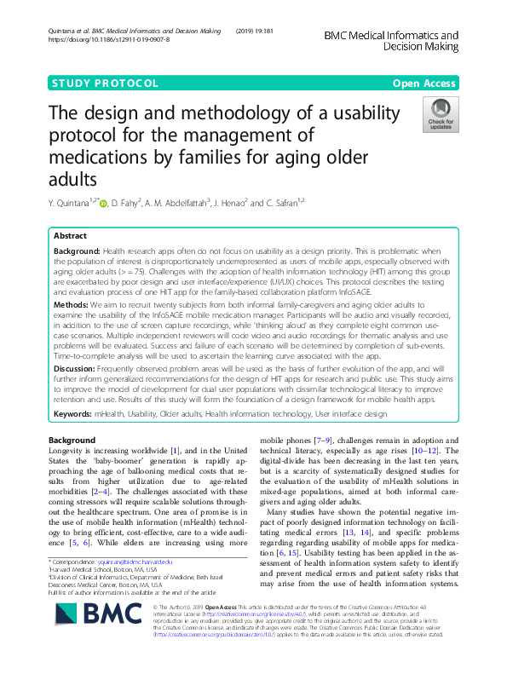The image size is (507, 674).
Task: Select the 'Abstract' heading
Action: (x=70, y=235)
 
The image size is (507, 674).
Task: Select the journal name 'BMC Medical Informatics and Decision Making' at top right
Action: (x=392, y=39)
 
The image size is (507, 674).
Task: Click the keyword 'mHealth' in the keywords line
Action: (x=109, y=413)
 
